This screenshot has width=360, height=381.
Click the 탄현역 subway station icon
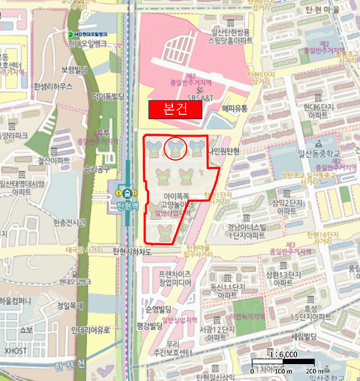pos(127,192)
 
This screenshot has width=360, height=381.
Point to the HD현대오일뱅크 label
pos(88,34)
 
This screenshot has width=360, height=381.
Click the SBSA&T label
pos(201,97)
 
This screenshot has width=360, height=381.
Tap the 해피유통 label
pos(234,108)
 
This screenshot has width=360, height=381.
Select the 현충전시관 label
pos(70,222)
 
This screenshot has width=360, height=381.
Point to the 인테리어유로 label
pos(91,330)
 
